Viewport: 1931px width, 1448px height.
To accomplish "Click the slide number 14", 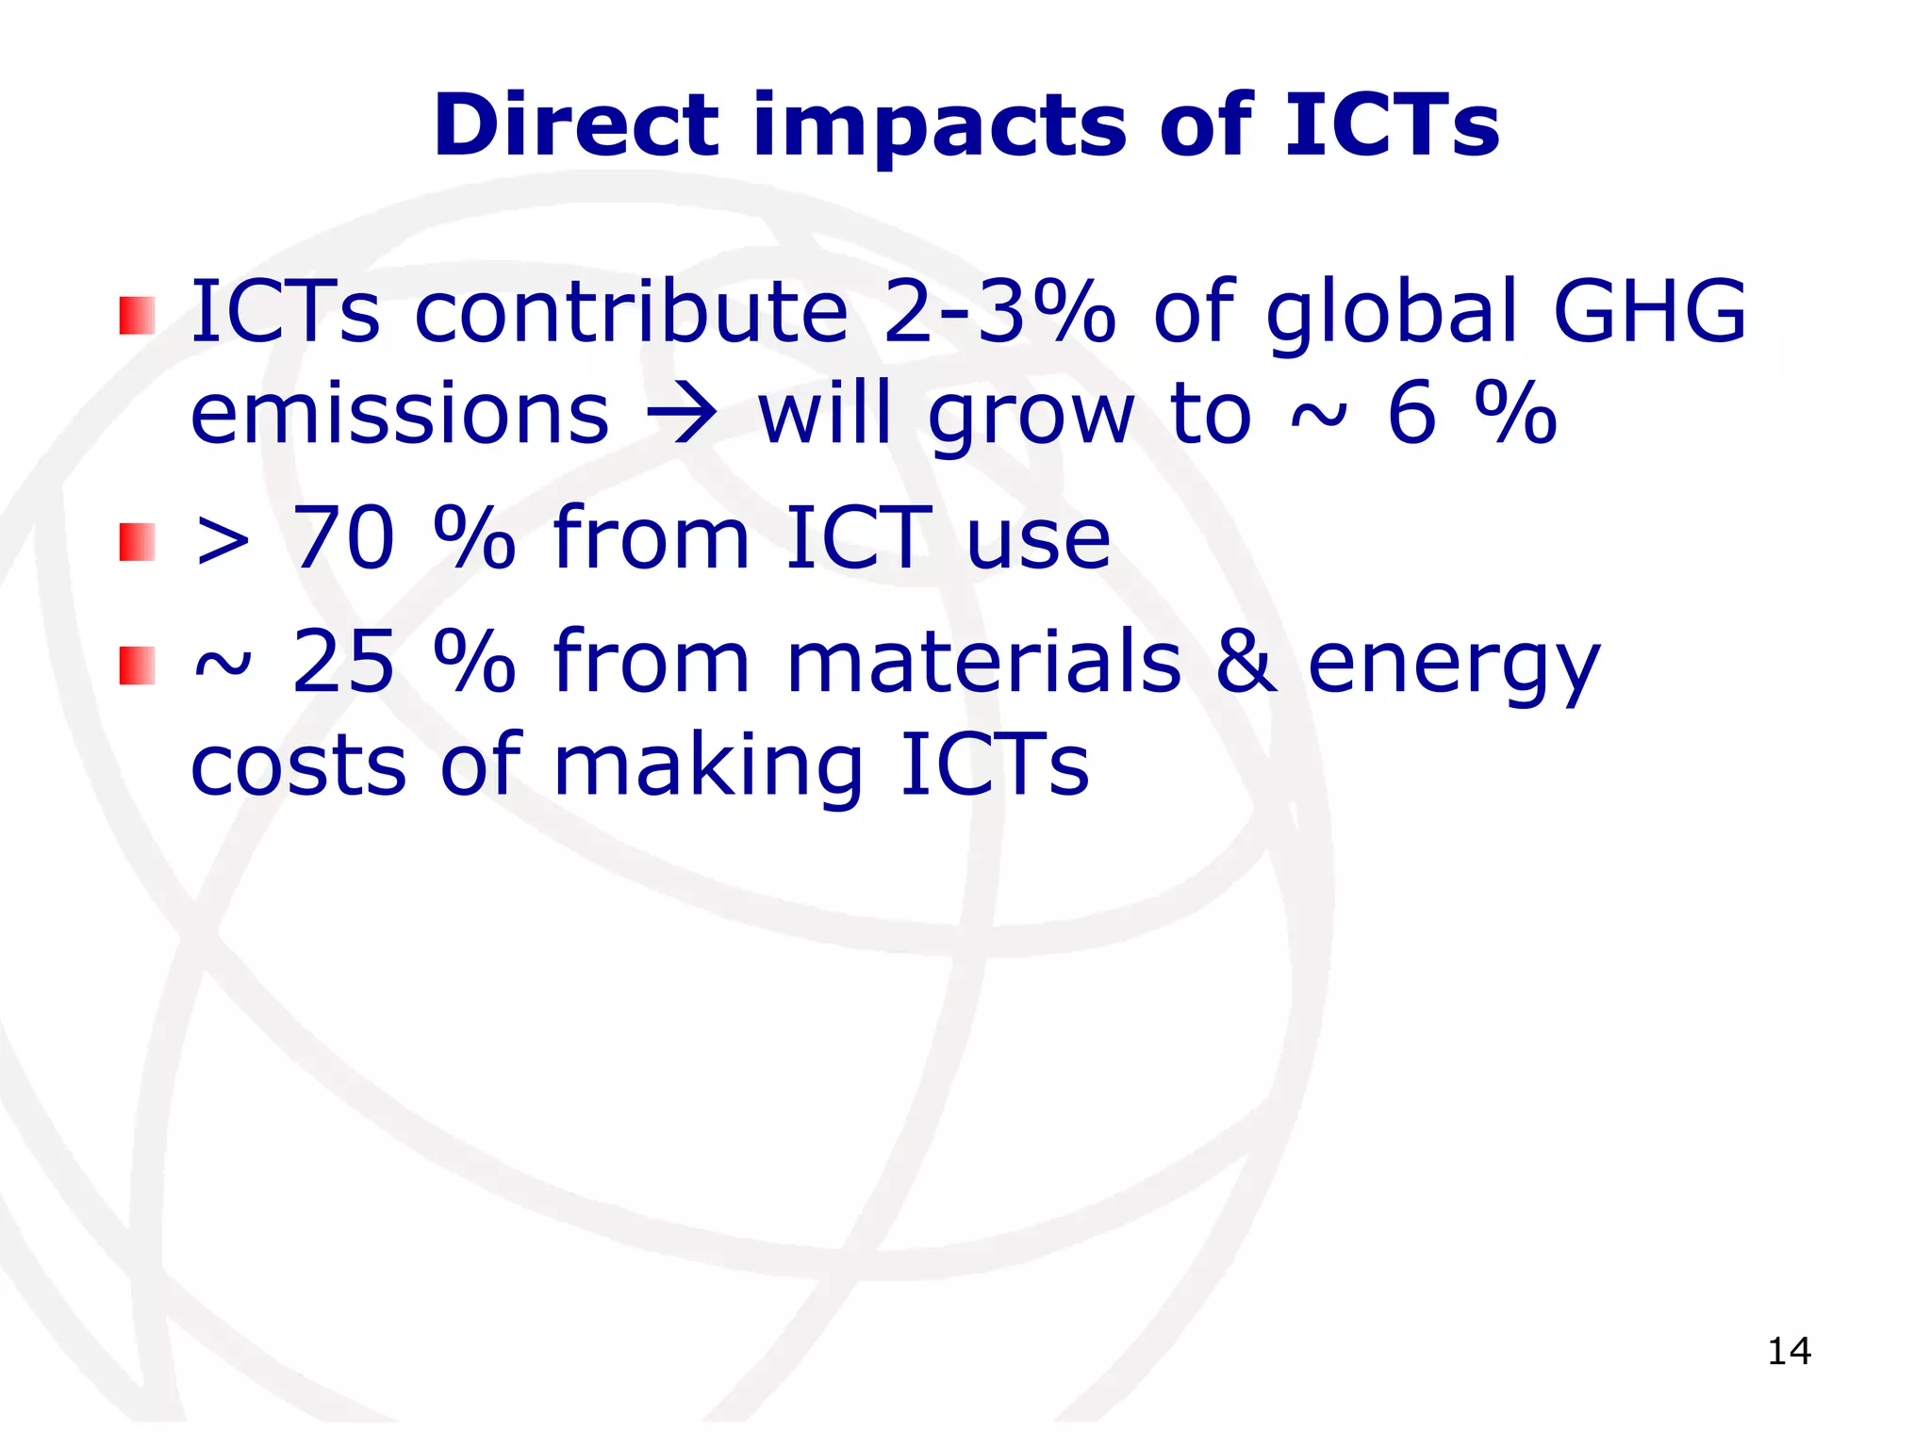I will tap(1789, 1352).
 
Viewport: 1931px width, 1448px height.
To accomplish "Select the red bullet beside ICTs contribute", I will tap(137, 316).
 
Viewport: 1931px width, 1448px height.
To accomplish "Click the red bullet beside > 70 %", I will tap(137, 542).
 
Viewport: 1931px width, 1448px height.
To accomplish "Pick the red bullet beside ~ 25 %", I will tap(137, 666).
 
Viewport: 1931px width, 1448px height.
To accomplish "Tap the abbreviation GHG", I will tap(1649, 311).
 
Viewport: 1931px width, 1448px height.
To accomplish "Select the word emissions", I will tap(400, 415).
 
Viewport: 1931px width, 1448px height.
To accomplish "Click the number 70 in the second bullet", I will tap(344, 538).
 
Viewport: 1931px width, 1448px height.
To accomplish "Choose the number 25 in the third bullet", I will tap(344, 662).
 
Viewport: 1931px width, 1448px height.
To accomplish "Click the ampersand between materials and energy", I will tap(1246, 662).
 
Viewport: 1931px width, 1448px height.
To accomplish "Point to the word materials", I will tap(983, 662).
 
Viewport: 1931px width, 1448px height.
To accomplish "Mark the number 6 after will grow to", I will tap(1411, 415).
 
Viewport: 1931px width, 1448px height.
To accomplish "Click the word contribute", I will tap(632, 311).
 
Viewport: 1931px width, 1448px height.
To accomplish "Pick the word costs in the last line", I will tap(299, 765).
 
